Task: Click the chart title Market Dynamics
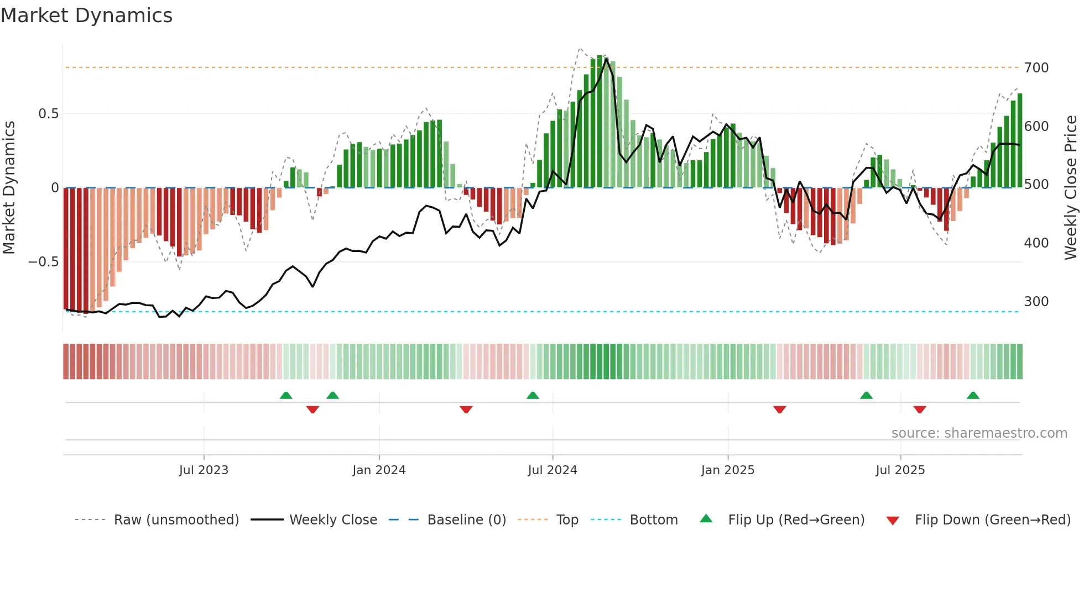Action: (86, 15)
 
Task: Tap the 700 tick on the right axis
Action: (1036, 68)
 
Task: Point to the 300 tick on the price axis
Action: (1036, 302)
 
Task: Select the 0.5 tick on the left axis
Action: (48, 114)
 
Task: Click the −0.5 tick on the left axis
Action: (44, 262)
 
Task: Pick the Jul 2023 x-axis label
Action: (204, 470)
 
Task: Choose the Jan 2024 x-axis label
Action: (379, 470)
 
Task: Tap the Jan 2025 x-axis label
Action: (727, 470)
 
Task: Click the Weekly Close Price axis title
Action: (1071, 188)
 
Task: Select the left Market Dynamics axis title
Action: (9, 188)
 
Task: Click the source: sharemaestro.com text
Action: (979, 433)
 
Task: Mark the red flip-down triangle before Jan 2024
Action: (312, 410)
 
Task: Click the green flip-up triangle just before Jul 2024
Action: (533, 396)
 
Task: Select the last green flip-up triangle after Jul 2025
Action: (973, 396)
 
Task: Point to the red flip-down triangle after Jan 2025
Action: (780, 410)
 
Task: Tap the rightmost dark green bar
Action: (1020, 141)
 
